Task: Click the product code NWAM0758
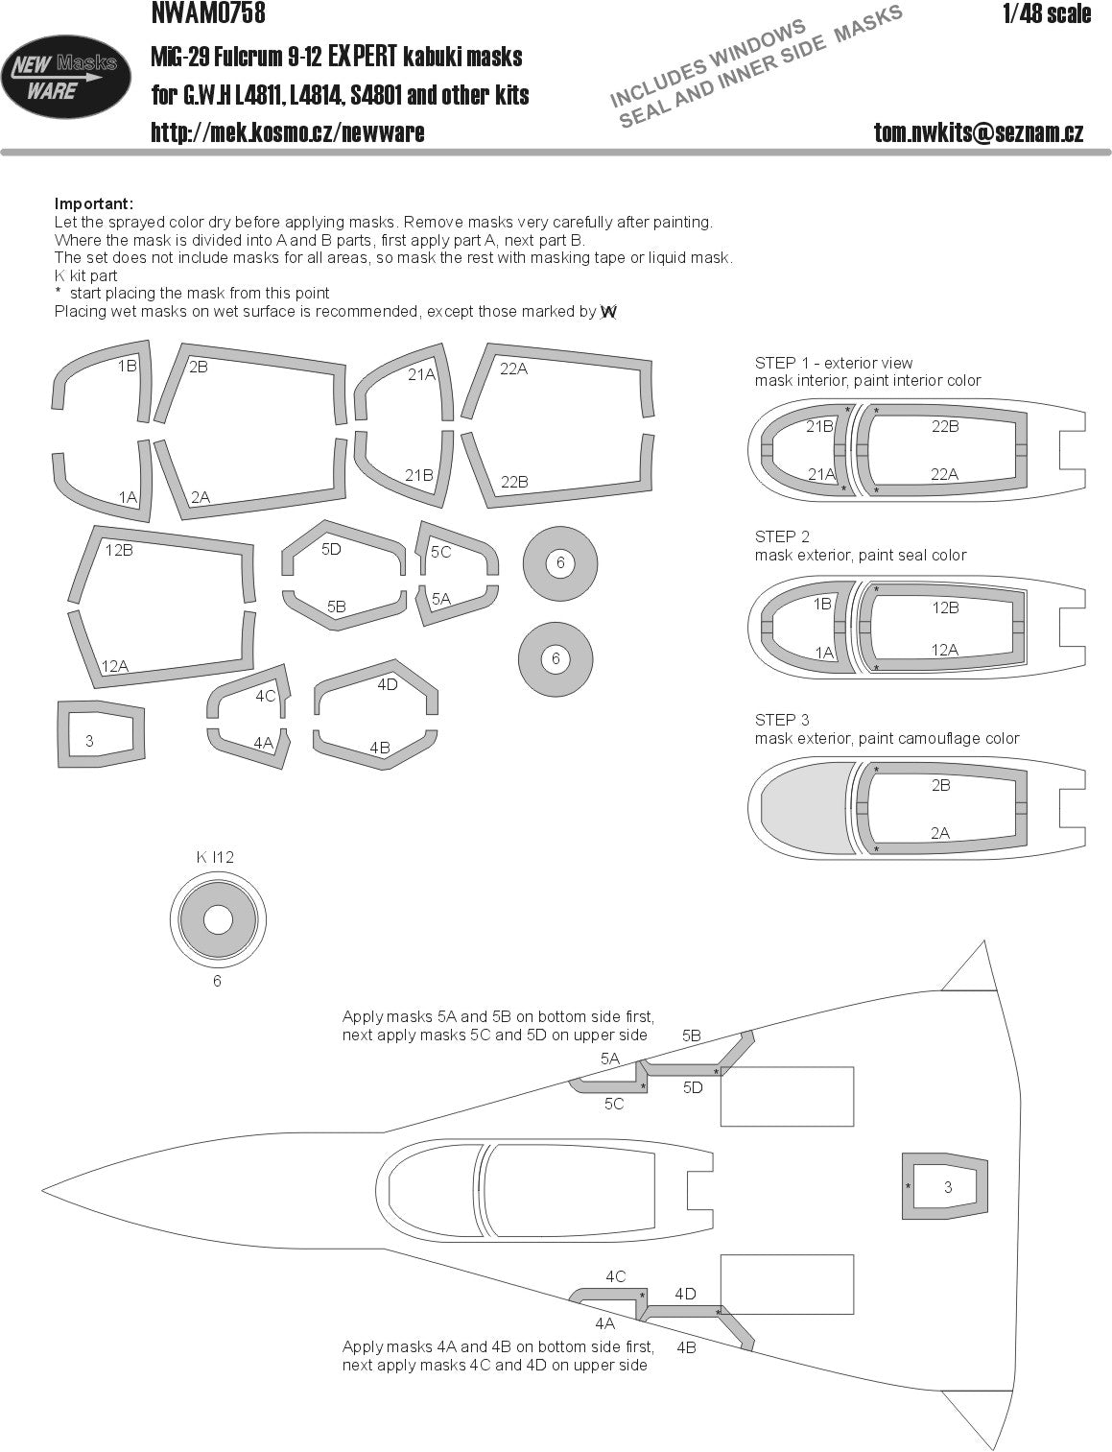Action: [208, 13]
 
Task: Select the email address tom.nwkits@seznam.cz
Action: [979, 133]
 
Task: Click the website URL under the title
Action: [287, 132]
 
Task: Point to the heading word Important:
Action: [94, 203]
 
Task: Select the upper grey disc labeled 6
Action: [560, 563]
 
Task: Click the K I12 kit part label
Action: [215, 857]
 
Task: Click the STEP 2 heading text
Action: [783, 536]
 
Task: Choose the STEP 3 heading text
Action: [783, 720]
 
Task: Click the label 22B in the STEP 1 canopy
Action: [944, 426]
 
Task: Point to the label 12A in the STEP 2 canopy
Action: [944, 650]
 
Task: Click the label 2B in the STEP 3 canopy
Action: [940, 785]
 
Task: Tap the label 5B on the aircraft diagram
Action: [691, 1035]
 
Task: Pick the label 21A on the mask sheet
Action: [421, 375]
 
